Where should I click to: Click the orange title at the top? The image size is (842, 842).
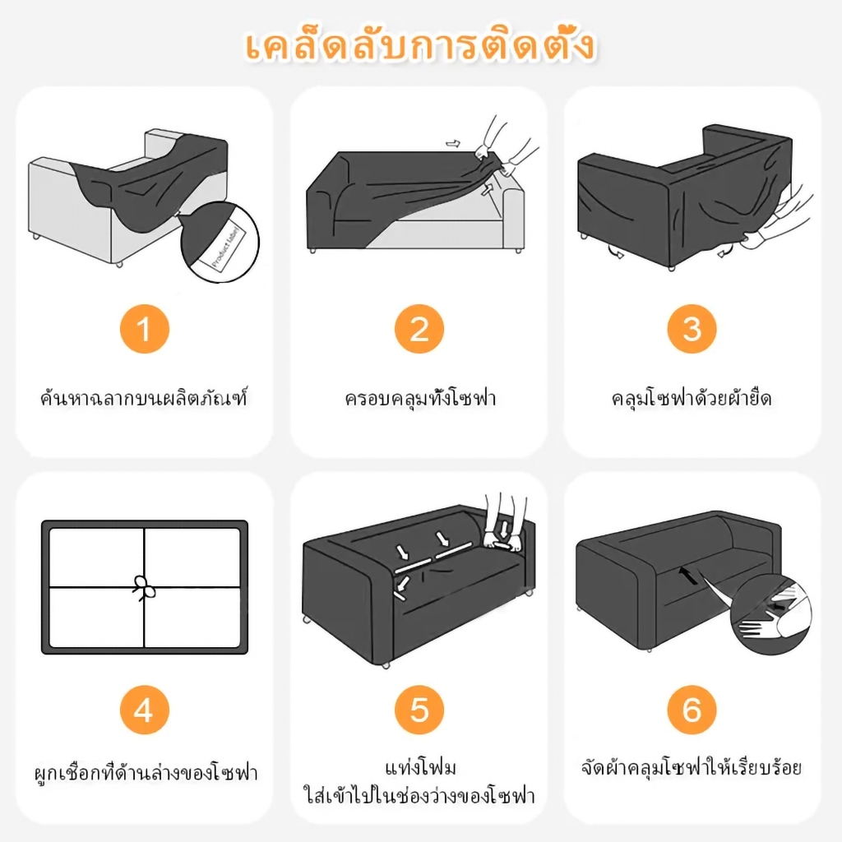click(420, 46)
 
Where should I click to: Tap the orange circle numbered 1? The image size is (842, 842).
click(145, 329)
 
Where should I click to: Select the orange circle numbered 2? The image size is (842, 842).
click(419, 329)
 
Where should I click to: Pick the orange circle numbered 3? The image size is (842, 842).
click(692, 329)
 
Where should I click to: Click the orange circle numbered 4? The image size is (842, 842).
click(145, 710)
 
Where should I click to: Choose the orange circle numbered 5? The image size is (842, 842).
click(419, 710)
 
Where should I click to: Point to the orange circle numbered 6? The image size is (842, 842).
click(692, 710)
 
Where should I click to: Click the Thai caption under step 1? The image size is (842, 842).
click(144, 398)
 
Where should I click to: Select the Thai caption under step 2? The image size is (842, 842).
click(420, 398)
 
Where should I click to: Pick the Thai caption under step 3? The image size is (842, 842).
click(692, 398)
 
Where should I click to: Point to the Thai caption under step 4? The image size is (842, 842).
click(146, 772)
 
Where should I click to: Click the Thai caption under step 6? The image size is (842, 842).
click(692, 767)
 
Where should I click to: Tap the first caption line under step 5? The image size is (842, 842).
click(420, 767)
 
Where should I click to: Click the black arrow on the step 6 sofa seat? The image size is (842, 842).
click(689, 576)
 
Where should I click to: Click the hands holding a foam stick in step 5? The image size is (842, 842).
click(502, 524)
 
